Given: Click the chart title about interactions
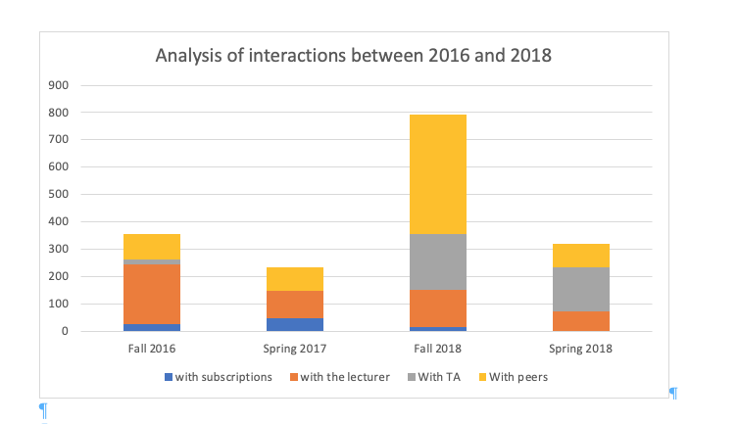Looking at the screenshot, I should pyautogui.click(x=354, y=56).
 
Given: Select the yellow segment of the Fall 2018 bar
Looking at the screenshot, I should pyautogui.click(x=438, y=174).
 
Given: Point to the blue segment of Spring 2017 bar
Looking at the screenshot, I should pyautogui.click(x=295, y=324).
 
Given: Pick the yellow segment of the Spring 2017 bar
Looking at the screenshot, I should pyautogui.click(x=295, y=279).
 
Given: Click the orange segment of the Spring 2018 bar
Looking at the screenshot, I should pyautogui.click(x=581, y=320).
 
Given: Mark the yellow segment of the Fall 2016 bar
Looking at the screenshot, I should pyautogui.click(x=152, y=247).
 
